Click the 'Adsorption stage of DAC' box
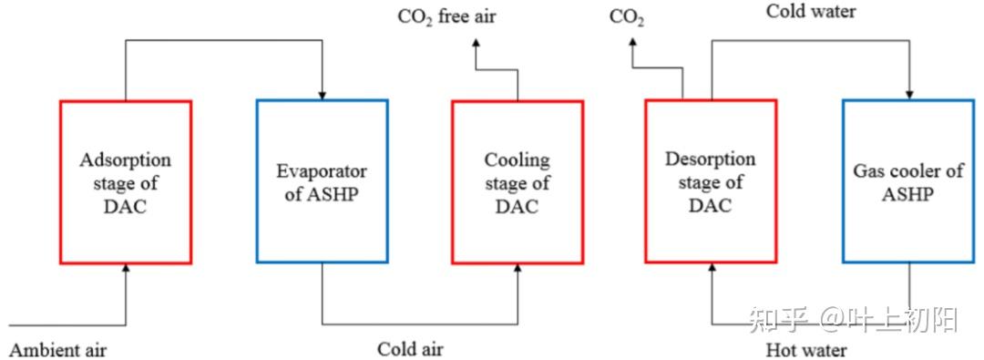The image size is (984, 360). (126, 181)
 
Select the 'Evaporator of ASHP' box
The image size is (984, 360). (322, 181)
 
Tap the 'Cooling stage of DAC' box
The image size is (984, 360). (517, 181)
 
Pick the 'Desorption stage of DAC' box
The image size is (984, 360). (711, 181)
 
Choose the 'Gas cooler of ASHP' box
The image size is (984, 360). (907, 181)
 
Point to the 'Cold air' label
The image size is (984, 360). (410, 350)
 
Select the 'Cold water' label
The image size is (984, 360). (811, 12)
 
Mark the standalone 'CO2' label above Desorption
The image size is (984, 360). (627, 17)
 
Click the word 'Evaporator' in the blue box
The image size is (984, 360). (322, 170)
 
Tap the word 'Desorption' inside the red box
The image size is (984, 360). (711, 159)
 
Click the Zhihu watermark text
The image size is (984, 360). (852, 319)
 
